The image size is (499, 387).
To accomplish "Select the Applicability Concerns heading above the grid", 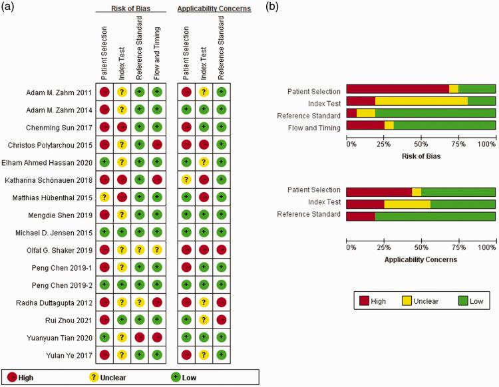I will (214, 9).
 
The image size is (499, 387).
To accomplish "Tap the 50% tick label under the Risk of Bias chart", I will (421, 144).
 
